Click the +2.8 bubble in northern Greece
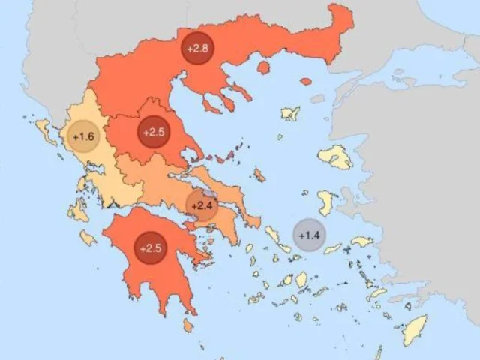[x=197, y=49]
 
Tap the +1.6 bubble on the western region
[x=83, y=136]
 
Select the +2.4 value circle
[x=201, y=205]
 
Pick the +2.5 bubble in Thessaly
[x=153, y=132]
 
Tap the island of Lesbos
[x=335, y=157]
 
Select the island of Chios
[x=326, y=202]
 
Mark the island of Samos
[x=361, y=241]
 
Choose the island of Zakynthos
[x=88, y=238]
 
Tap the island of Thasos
[x=263, y=67]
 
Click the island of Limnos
[x=290, y=114]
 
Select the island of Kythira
[x=187, y=325]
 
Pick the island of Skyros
[x=259, y=175]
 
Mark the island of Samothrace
[x=305, y=80]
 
